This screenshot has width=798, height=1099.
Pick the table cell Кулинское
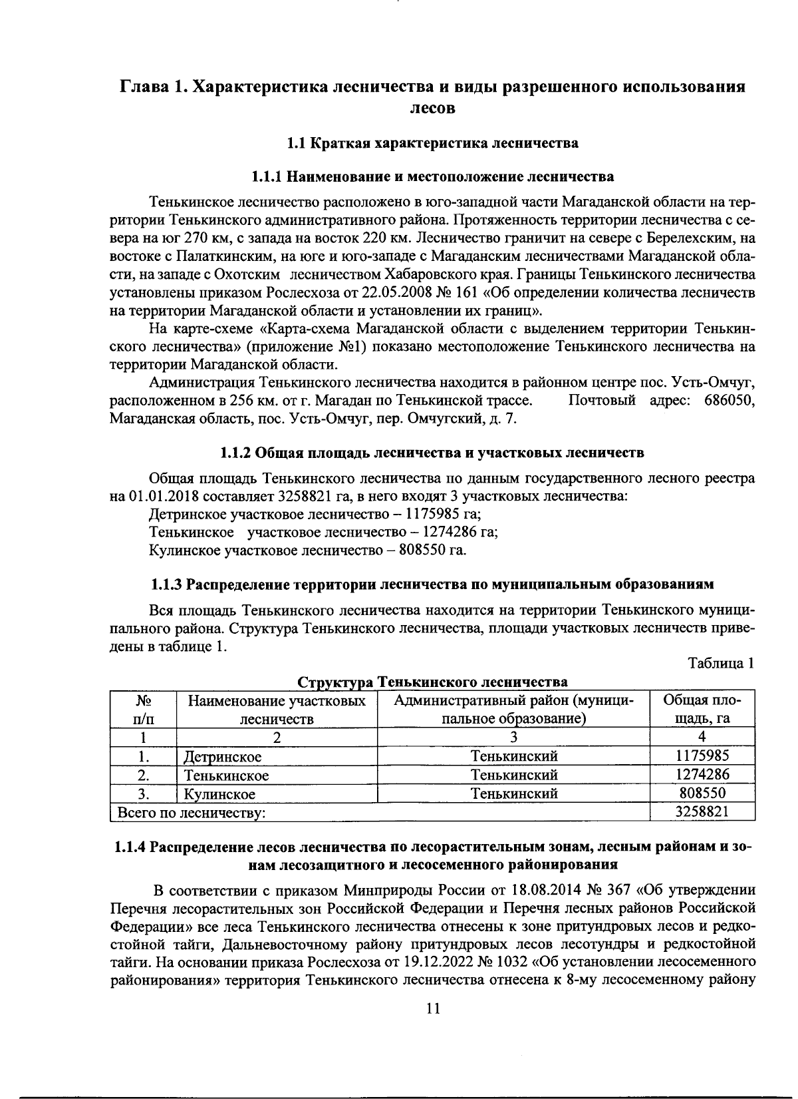coord(219,794)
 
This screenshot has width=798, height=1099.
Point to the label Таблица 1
coord(721,664)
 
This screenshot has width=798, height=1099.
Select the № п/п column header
coord(143,710)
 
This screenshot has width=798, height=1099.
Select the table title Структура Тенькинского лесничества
coord(432,682)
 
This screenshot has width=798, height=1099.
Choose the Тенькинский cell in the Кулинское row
coord(513,793)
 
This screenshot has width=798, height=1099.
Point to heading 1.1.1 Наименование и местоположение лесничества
coord(432,177)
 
